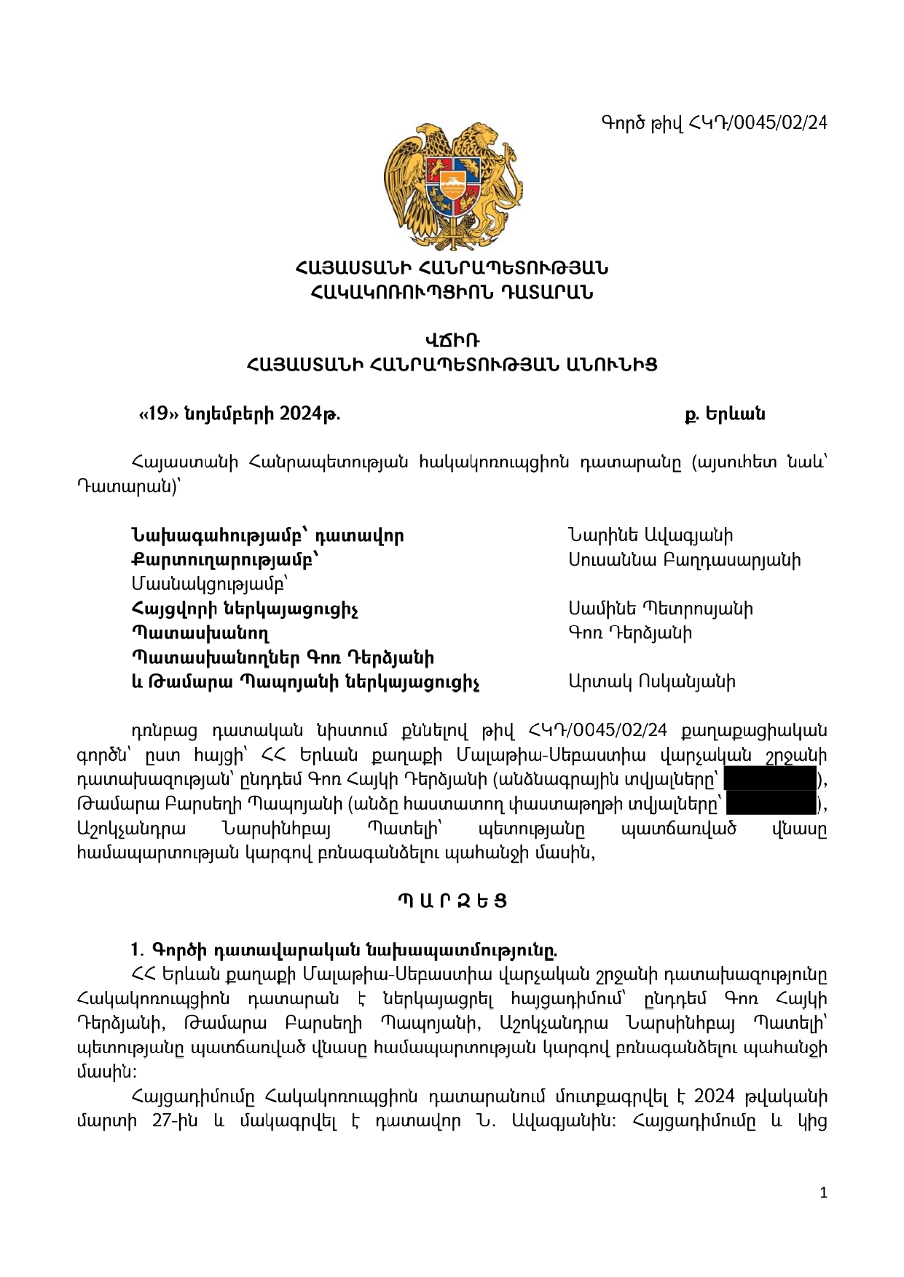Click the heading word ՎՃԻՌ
pos(452,340)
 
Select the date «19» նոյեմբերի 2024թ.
pos(239,414)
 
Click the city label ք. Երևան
pos(724,414)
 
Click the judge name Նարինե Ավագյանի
pos(650,536)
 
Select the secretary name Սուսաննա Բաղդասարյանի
pos(684,560)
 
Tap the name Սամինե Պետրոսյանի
pos(660,609)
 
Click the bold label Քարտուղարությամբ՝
pos(225,560)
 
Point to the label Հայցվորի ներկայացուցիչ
pos(244,609)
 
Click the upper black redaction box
pos(770,779)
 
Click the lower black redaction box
pos(771,804)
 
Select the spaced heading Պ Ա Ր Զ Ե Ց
pos(452,901)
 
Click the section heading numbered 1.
pos(344,950)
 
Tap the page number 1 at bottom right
pos(823,1193)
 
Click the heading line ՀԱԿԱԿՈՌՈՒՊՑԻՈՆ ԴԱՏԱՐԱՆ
pos(452,293)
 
